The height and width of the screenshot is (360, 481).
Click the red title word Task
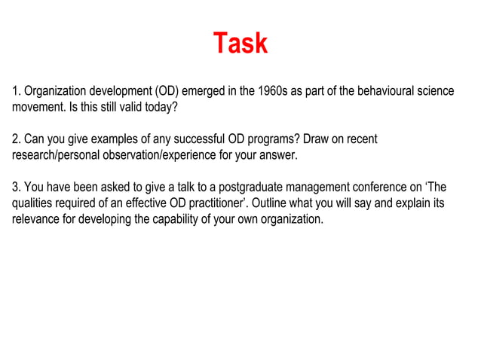click(240, 43)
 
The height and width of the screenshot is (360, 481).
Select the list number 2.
click(16, 140)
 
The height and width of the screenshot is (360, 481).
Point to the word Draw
click(317, 140)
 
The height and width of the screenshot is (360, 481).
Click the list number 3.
click(16, 188)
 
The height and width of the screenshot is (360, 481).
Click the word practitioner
click(208, 203)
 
